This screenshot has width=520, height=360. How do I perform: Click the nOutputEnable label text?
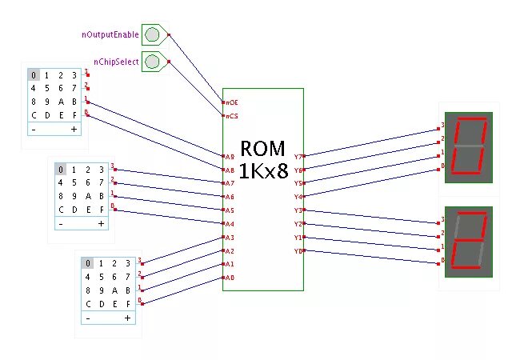tap(110, 35)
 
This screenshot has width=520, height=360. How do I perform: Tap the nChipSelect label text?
tap(116, 62)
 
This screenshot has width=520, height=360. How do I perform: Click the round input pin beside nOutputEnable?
tap(152, 34)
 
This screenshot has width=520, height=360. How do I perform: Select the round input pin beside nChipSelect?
tap(152, 61)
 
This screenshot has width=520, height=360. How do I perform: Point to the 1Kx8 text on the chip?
tap(263, 170)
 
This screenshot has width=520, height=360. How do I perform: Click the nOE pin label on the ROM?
tap(231, 102)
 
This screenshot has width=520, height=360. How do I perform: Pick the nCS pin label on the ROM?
tap(231, 116)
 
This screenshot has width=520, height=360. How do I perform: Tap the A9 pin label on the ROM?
tap(230, 157)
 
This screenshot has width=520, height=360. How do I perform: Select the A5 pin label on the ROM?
tap(230, 210)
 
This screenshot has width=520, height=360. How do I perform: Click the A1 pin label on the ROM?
tap(230, 264)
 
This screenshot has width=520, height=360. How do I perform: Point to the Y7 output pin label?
tap(298, 157)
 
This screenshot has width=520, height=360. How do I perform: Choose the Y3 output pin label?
tap(298, 210)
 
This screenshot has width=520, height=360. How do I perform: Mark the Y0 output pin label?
tap(298, 251)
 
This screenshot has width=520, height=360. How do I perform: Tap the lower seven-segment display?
tap(468, 239)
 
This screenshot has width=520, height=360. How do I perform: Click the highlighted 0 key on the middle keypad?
tap(61, 170)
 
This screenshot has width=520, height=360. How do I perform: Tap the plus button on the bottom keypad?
tap(127, 318)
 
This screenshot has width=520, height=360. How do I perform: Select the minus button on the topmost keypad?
tap(34, 129)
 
